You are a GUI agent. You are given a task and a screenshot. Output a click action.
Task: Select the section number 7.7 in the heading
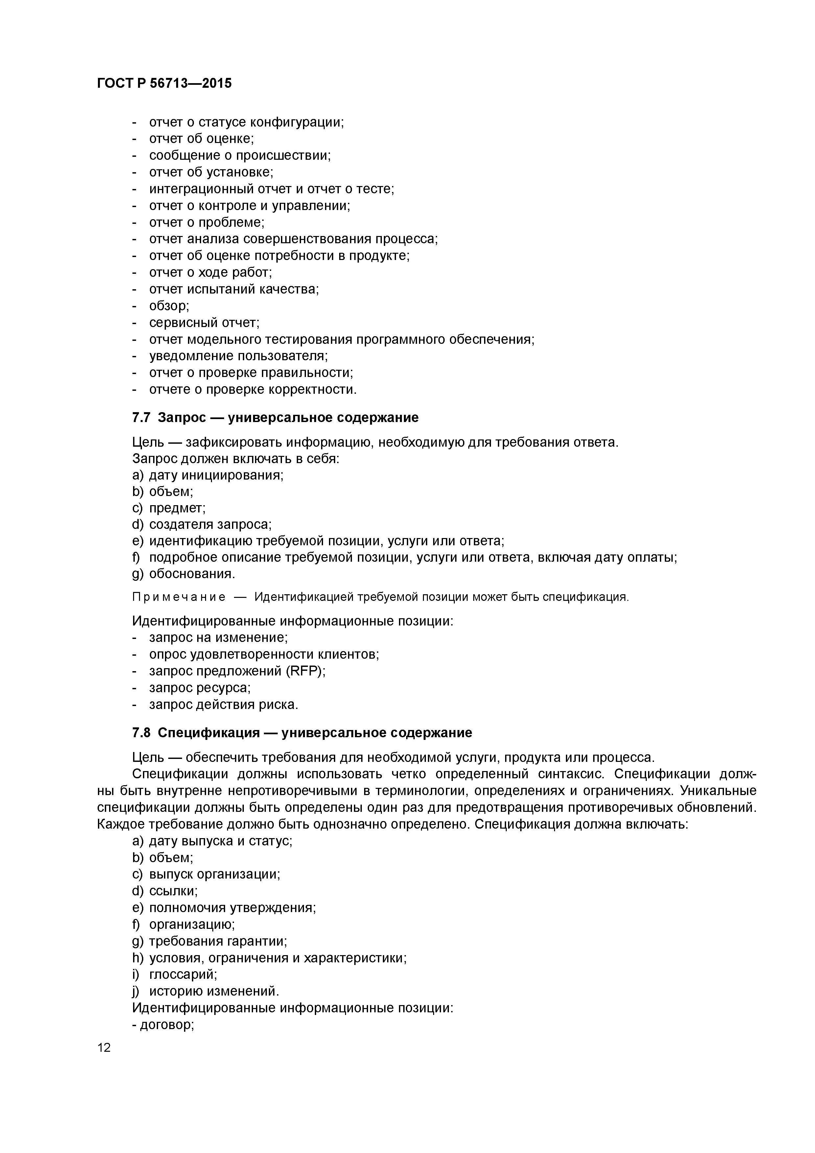pyautogui.click(x=141, y=417)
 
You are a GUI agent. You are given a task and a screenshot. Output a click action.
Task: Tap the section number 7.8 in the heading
pyautogui.click(x=141, y=733)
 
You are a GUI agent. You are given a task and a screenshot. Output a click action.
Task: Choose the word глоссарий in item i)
pyautogui.click(x=183, y=975)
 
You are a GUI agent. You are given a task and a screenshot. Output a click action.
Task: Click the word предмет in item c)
pyautogui.click(x=177, y=508)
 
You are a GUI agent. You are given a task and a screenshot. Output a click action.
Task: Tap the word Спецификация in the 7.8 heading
pyautogui.click(x=208, y=733)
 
